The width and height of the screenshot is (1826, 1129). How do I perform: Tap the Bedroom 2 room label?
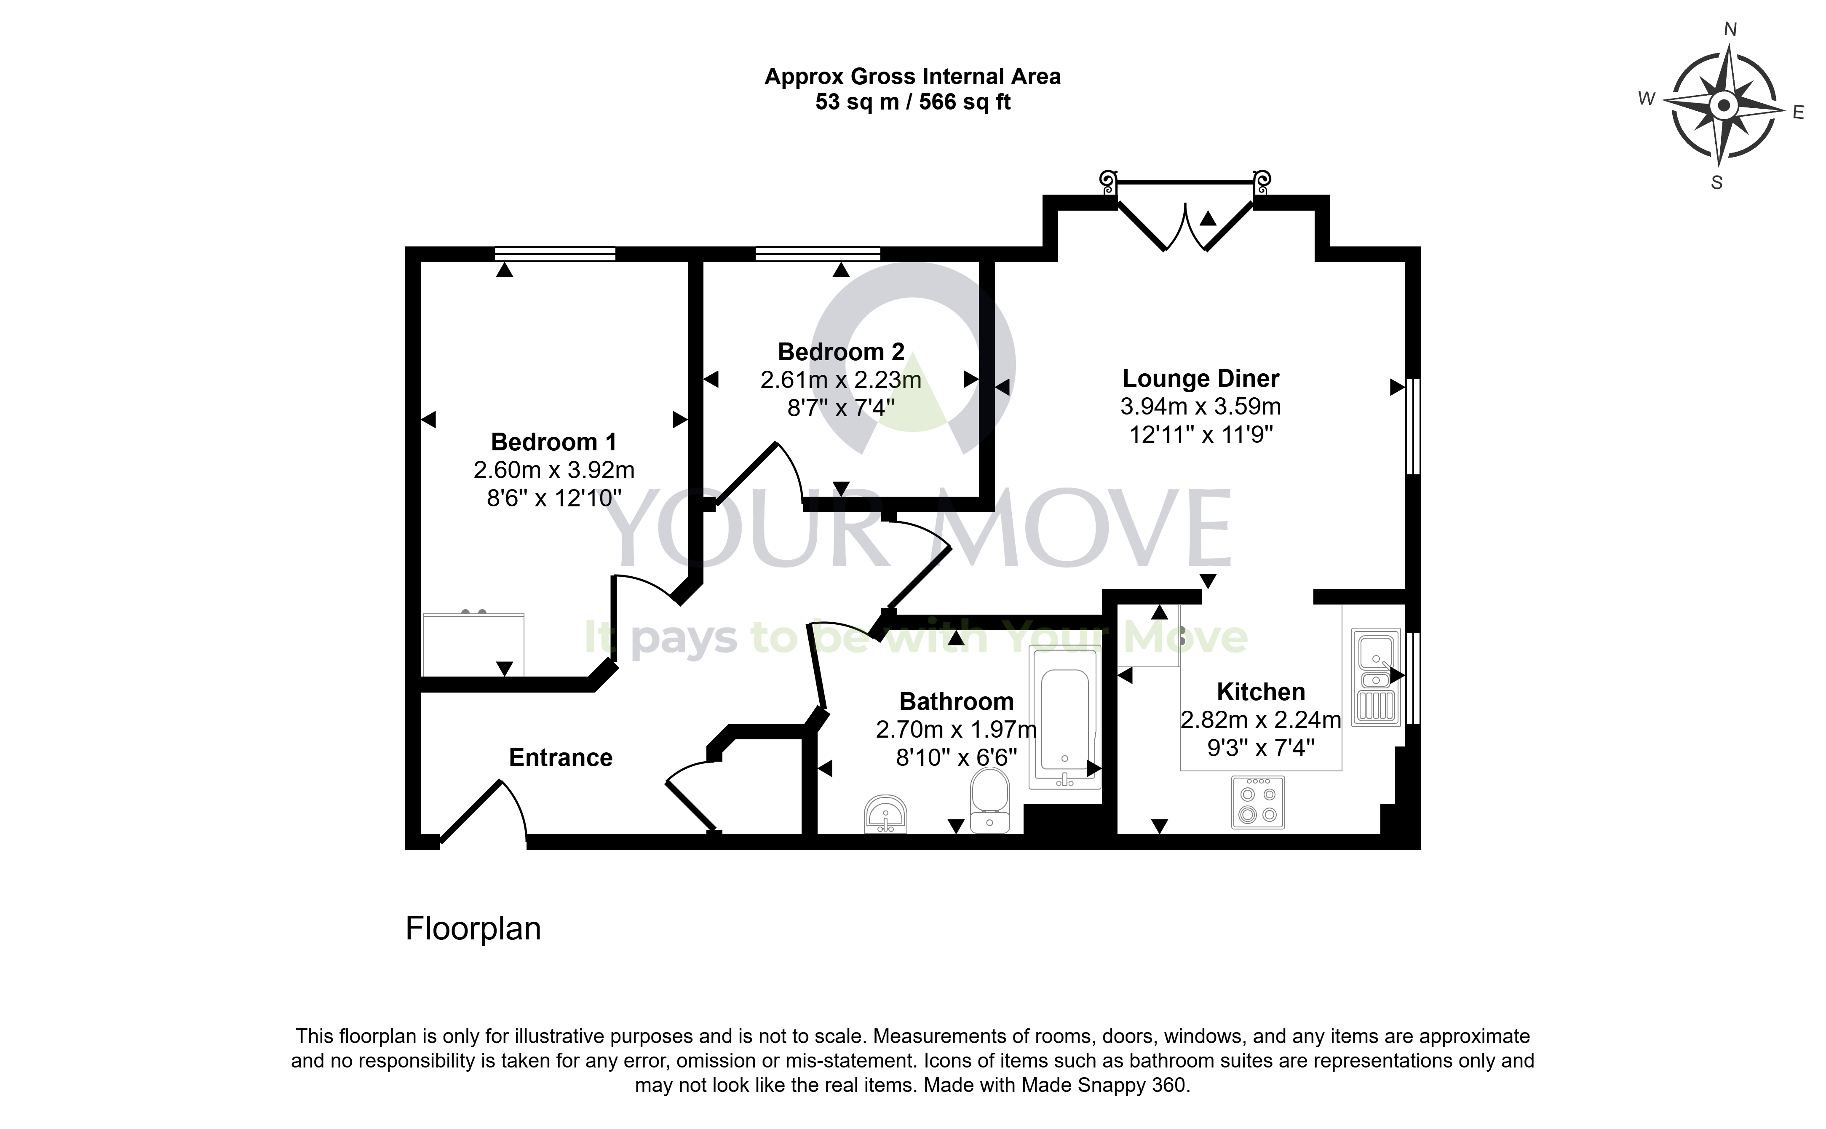[x=841, y=352]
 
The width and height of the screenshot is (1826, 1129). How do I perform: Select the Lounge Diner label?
[x=1200, y=379]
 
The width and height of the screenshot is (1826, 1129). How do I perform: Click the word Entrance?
[x=561, y=758]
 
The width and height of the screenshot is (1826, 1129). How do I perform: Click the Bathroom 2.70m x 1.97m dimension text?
[x=956, y=730]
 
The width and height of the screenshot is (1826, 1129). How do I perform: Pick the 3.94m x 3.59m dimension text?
[x=1200, y=407]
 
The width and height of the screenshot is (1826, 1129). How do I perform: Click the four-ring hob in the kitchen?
[x=1258, y=803]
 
